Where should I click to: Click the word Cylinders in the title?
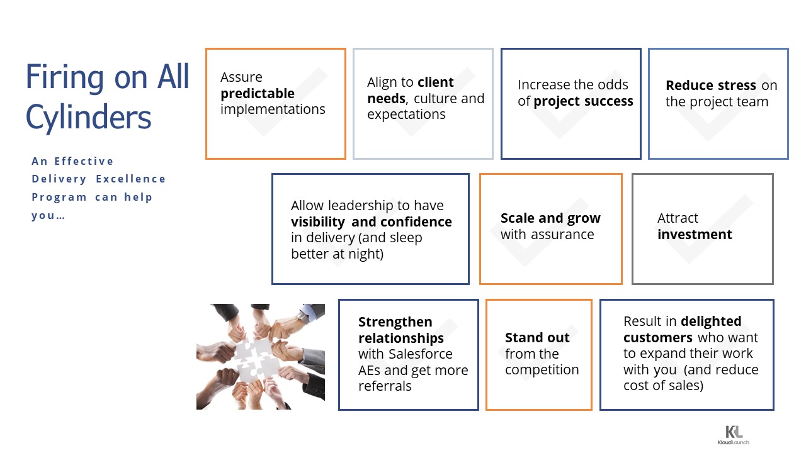(x=89, y=118)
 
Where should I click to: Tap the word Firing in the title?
(x=65, y=77)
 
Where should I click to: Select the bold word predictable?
(x=258, y=94)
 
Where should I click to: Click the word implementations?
(x=273, y=109)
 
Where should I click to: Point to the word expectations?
(x=406, y=115)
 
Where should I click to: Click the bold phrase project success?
(x=583, y=101)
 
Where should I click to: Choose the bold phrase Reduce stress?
(x=711, y=85)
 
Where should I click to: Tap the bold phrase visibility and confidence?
(x=372, y=222)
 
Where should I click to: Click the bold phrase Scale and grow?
(x=550, y=218)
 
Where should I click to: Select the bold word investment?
(x=695, y=235)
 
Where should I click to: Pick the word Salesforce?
(x=420, y=354)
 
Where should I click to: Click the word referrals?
(x=385, y=386)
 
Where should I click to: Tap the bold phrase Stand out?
(x=537, y=338)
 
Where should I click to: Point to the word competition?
(x=542, y=370)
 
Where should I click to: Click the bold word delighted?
(x=711, y=321)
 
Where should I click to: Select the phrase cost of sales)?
(x=663, y=386)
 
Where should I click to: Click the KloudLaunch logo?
(x=734, y=435)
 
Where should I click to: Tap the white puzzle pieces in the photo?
(x=256, y=359)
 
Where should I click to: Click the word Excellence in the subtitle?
(x=130, y=179)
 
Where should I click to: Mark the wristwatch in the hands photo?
(x=304, y=317)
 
